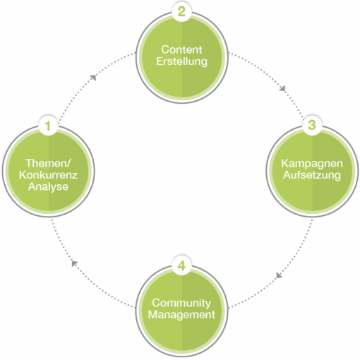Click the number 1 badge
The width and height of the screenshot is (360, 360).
(48, 126)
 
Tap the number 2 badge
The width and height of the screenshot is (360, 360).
(181, 12)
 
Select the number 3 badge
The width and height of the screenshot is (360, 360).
(312, 125)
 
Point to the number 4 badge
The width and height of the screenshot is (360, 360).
(181, 266)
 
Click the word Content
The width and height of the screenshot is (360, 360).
(181, 49)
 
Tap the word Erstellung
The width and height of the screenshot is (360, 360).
(181, 61)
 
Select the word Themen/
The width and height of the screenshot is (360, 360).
(48, 163)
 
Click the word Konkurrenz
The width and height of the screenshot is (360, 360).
(48, 175)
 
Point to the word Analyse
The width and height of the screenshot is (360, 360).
(48, 187)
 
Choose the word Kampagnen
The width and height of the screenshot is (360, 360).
(312, 164)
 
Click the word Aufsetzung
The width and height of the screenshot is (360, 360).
(312, 175)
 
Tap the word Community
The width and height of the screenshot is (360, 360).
(181, 303)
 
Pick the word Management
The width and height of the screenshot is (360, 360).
(181, 315)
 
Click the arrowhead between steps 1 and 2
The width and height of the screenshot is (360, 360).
(93, 78)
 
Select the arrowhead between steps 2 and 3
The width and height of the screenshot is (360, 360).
(282, 88)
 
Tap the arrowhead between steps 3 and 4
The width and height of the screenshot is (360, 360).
(279, 275)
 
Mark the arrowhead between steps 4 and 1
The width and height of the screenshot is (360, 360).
(74, 263)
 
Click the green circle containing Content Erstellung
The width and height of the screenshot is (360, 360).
(182, 57)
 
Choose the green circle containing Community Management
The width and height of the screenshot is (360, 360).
(182, 311)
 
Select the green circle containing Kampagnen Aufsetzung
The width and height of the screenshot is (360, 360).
(312, 171)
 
